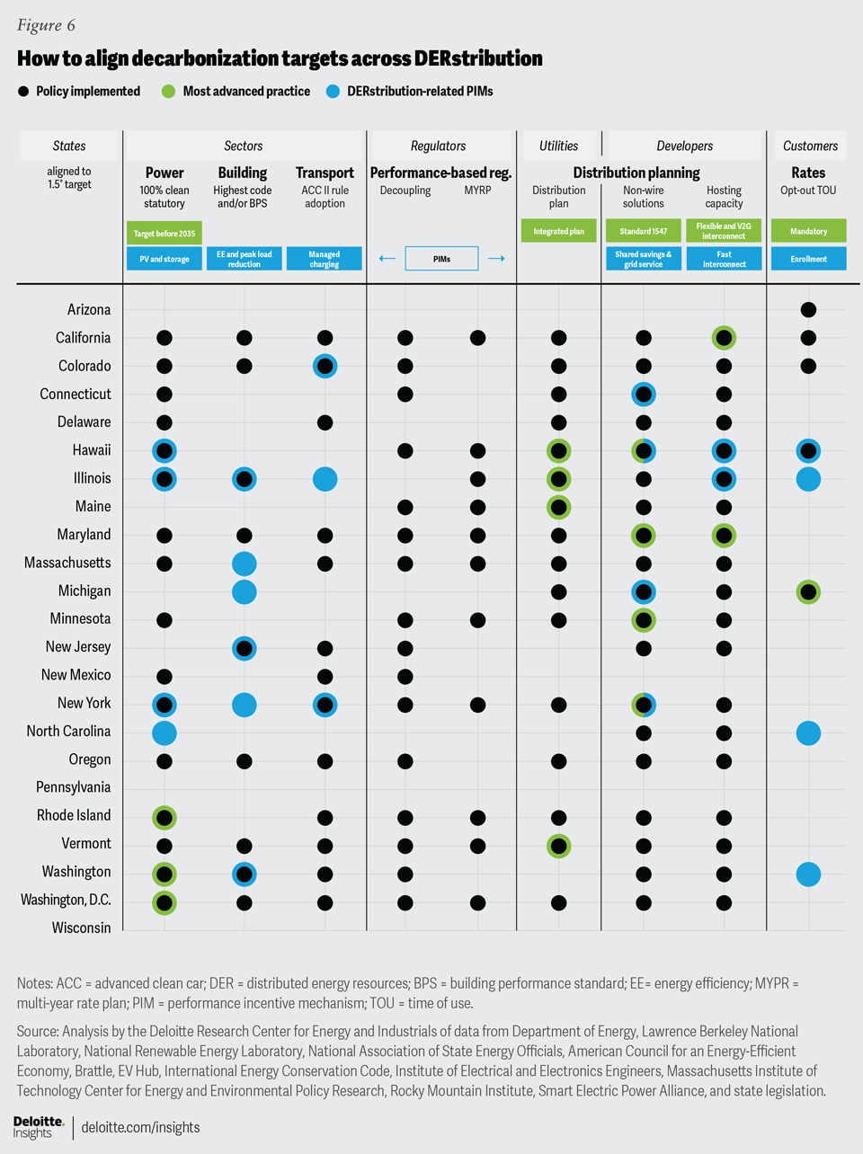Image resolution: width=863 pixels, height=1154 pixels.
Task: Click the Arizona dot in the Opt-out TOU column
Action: point(808,310)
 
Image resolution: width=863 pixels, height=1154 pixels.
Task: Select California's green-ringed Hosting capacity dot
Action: point(724,338)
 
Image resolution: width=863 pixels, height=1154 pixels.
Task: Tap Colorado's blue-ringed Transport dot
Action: point(325,366)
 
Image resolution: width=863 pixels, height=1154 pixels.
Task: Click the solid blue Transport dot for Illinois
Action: point(325,479)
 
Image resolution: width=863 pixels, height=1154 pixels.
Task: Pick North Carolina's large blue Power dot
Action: point(164,732)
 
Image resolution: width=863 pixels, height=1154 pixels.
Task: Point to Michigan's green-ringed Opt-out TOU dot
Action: point(808,591)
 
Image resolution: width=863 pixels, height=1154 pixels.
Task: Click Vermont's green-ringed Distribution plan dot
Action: point(558,846)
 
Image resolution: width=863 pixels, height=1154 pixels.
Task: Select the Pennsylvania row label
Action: point(74,787)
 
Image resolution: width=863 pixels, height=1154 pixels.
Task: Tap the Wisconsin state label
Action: point(81,928)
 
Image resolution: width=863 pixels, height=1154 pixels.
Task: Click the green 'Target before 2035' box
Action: point(165,234)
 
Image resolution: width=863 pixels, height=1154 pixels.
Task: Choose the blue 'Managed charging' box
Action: point(325,259)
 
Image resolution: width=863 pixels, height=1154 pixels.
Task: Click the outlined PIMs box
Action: point(441,259)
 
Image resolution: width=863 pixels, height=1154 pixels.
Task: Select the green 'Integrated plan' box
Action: point(558,232)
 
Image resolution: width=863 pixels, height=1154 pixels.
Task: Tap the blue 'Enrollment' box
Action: point(808,259)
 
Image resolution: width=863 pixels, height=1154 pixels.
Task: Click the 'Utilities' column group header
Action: point(558,146)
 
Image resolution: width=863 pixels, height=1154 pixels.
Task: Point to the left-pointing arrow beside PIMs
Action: point(387,259)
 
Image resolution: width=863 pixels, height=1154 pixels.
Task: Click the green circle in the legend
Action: point(168,91)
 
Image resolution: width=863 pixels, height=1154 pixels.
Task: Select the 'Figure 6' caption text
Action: point(46,25)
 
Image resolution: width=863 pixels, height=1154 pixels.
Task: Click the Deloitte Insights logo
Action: point(39,1127)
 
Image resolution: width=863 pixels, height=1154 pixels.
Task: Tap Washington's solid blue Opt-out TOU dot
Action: point(808,874)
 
